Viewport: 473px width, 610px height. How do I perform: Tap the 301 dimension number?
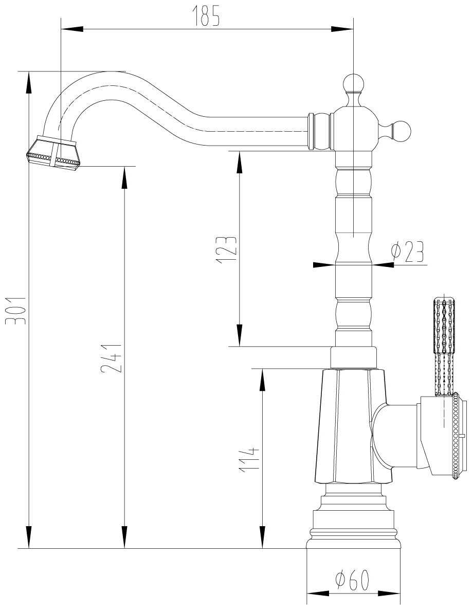pyautogui.click(x=15, y=310)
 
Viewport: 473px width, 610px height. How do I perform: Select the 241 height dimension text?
pyautogui.click(x=111, y=358)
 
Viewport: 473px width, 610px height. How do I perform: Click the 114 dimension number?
pyautogui.click(x=248, y=460)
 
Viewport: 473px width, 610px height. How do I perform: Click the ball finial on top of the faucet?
pyautogui.click(x=354, y=83)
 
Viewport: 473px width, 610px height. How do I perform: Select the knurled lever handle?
pyautogui.click(x=443, y=347)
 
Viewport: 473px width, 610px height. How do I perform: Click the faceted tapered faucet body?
pyautogui.click(x=352, y=426)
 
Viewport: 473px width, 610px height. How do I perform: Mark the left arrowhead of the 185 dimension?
pyautogui.click(x=72, y=29)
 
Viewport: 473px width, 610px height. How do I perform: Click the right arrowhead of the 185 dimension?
pyautogui.click(x=342, y=29)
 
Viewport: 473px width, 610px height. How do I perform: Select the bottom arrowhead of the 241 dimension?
pyautogui.click(x=124, y=537)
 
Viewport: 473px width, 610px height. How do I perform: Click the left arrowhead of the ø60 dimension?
pyautogui.click(x=318, y=604)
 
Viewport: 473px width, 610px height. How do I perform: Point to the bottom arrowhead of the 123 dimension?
pyautogui.click(x=239, y=335)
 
